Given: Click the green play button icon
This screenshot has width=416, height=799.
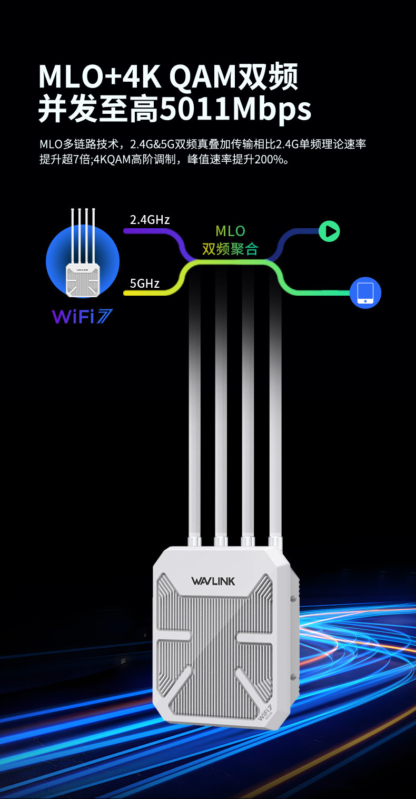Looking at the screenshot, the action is click(330, 231).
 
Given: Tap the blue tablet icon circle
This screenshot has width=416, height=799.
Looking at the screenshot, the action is click(365, 293).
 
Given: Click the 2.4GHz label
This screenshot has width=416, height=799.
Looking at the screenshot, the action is click(150, 219).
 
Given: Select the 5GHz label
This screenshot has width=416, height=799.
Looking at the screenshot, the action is click(145, 284).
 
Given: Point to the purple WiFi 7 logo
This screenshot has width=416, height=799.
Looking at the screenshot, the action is click(82, 316).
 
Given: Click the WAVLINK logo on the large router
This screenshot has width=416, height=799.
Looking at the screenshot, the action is click(213, 581).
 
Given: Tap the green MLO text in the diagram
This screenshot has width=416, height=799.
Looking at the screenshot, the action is click(230, 231).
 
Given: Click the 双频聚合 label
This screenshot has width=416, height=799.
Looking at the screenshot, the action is click(230, 249).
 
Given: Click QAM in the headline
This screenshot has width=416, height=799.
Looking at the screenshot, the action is click(203, 76).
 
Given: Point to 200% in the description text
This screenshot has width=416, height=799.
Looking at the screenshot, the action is click(268, 160).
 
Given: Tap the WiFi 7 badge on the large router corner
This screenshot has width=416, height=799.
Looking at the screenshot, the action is click(265, 712).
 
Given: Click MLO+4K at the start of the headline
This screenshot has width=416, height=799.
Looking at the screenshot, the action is click(100, 76).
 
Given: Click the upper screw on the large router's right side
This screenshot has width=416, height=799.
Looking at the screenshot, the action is click(293, 599).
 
